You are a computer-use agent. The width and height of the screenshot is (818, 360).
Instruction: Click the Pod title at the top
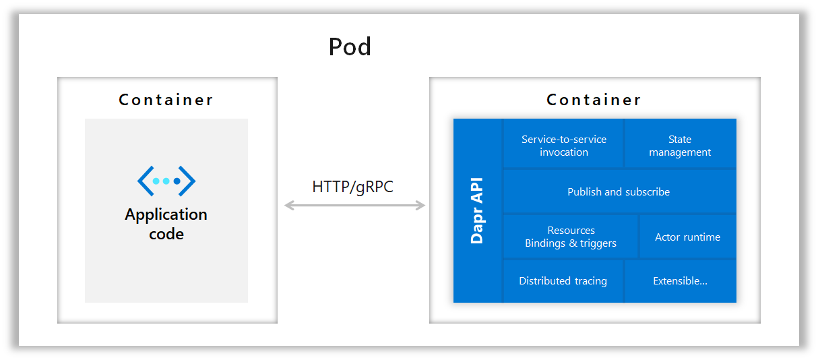(350, 47)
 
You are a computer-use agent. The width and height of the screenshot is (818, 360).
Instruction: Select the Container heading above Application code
(166, 100)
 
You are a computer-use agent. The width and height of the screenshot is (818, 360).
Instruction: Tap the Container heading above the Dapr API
(594, 100)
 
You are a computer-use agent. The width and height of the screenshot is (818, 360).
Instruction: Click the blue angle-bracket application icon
(166, 181)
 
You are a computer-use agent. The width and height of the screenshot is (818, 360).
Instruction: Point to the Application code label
(166, 224)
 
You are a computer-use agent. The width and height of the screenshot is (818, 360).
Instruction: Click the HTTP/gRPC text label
(352, 187)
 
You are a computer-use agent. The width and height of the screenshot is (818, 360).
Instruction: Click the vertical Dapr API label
(477, 210)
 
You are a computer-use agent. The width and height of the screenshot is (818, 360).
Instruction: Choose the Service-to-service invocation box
(563, 146)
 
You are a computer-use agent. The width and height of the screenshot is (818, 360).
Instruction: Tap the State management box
(680, 146)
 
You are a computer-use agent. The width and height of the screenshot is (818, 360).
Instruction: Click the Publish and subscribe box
(619, 191)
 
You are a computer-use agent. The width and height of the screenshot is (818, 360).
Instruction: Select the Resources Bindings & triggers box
(571, 237)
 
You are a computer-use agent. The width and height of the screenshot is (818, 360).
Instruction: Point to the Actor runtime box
(687, 237)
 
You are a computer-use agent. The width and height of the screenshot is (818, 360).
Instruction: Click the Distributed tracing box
(563, 280)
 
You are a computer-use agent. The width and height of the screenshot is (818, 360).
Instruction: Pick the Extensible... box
(680, 280)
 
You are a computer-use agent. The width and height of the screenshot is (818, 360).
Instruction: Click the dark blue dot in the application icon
(177, 181)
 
